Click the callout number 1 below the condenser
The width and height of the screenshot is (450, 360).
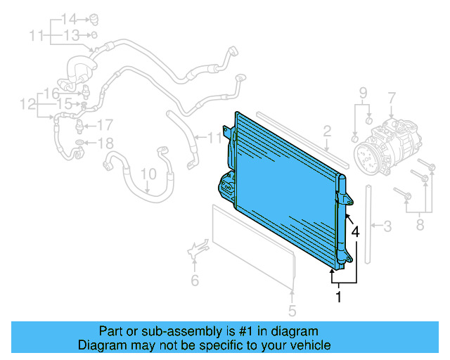(338, 297)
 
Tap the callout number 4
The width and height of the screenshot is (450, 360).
(356, 231)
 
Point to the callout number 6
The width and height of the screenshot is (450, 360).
(195, 281)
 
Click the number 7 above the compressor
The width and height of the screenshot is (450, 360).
(392, 97)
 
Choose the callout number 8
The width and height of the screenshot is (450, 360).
(420, 225)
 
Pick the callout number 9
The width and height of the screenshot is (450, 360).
(364, 93)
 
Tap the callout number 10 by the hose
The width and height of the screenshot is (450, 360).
(148, 174)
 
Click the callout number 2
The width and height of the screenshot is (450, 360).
(327, 130)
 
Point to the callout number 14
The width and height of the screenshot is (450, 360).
(68, 18)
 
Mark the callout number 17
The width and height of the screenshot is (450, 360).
(104, 126)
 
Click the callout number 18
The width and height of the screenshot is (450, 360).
(104, 143)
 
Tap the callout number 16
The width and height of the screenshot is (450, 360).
(52, 94)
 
